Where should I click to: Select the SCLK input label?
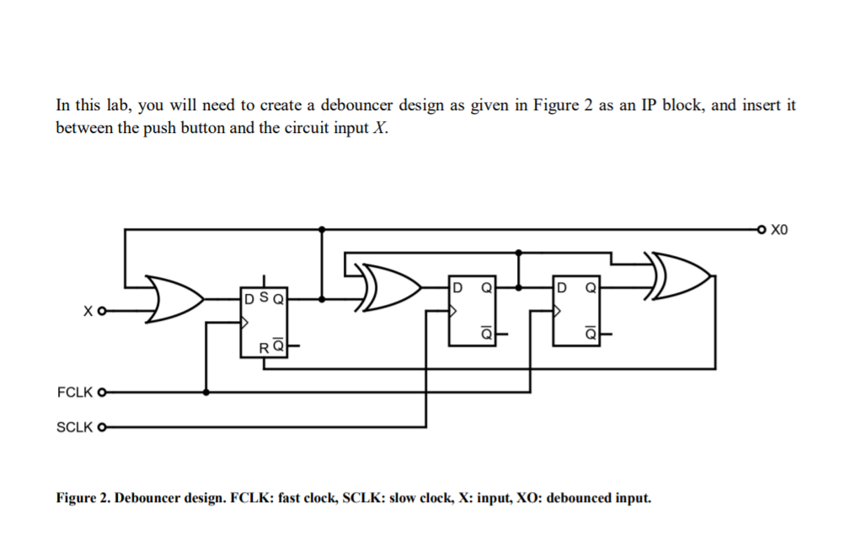point(74,427)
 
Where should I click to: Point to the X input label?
point(88,311)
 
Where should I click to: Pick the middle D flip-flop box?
point(473,309)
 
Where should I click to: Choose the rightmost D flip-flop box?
point(577,309)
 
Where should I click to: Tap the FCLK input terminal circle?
point(103,393)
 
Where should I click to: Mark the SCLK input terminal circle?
point(103,427)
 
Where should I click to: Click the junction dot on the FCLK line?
point(206,393)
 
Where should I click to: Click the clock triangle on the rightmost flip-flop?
point(558,311)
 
